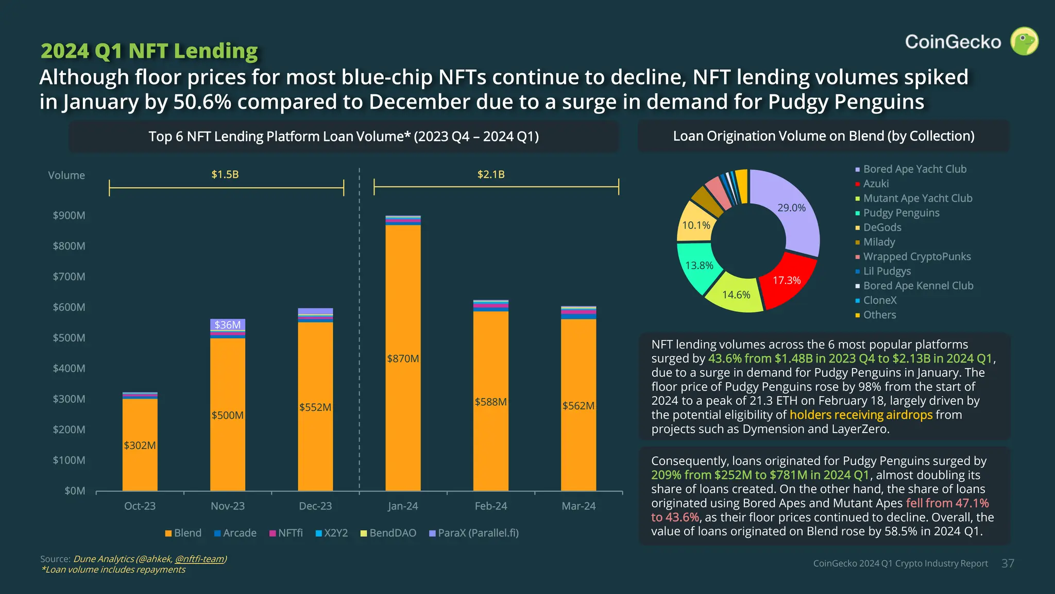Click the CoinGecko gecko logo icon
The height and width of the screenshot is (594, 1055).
coord(1024,41)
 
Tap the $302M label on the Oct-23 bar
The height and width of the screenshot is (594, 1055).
coord(140,445)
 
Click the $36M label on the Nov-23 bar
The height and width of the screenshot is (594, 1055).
coord(227,325)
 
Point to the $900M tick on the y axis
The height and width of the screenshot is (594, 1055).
coord(69,216)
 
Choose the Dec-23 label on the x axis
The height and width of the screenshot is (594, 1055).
coord(315,506)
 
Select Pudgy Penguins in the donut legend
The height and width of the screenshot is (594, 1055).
coord(901,213)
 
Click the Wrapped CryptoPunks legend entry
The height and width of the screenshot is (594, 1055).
coord(916,257)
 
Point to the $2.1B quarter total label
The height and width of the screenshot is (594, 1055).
coord(491,175)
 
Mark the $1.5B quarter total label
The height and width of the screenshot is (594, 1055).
coord(225,175)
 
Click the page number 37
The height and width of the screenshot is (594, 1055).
coord(1008,564)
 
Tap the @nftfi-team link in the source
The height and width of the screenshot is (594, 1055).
coord(199,559)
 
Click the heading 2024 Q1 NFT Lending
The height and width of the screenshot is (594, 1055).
coord(149,51)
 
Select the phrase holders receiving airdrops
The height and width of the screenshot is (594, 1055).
coord(861,415)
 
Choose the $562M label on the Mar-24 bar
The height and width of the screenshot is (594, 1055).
coord(578,406)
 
